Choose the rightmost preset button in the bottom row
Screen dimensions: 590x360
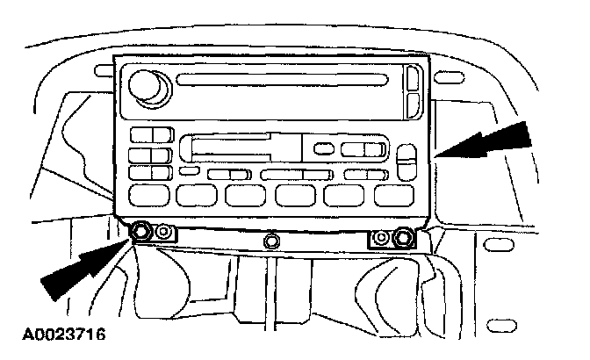pyautogui.click(x=391, y=195)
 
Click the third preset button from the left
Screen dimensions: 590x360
pyautogui.click(x=240, y=195)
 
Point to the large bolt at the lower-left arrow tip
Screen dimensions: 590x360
pyautogui.click(x=140, y=233)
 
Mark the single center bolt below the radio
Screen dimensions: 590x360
pyautogui.click(x=272, y=238)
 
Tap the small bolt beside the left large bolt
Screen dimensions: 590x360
pyautogui.click(x=163, y=234)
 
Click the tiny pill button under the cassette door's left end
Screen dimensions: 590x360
pyautogui.click(x=187, y=172)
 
